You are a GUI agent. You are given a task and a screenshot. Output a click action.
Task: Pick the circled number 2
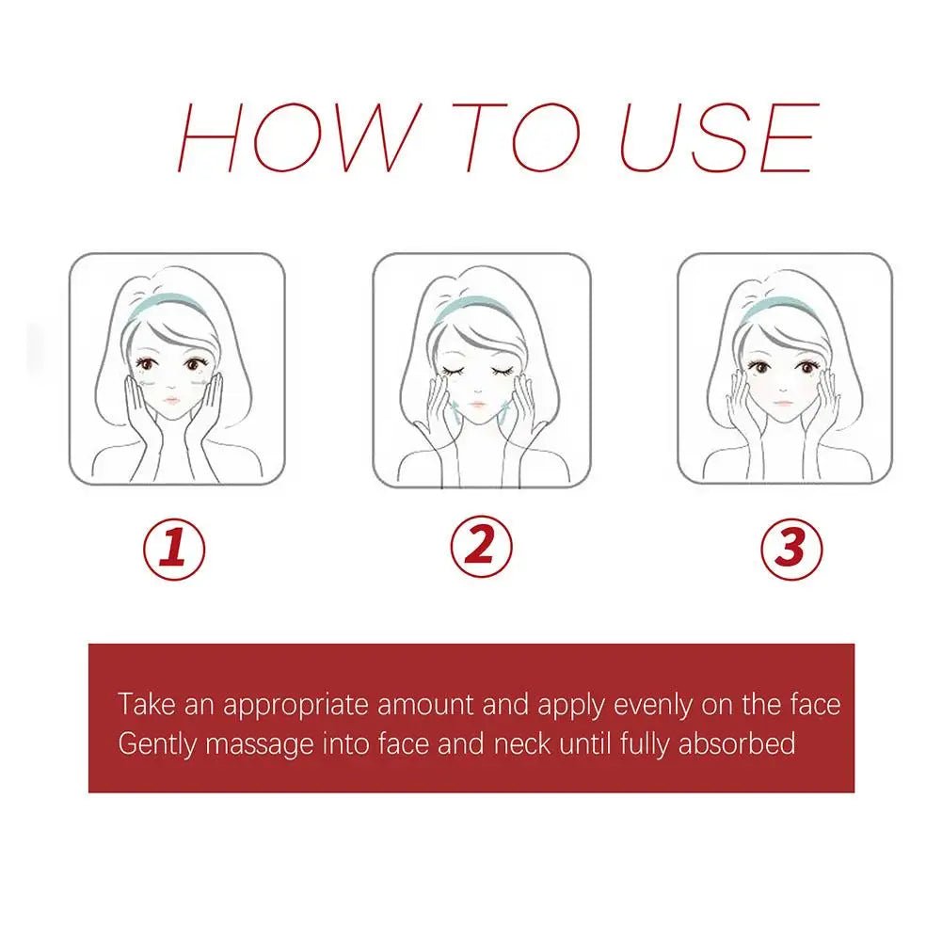(x=480, y=547)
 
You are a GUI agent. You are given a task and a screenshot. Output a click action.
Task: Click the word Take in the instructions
(x=146, y=704)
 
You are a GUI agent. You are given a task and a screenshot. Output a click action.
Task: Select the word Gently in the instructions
(x=158, y=744)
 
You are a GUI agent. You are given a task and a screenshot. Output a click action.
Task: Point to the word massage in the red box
(x=260, y=744)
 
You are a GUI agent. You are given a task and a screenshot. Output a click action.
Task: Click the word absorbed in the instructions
(x=737, y=744)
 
